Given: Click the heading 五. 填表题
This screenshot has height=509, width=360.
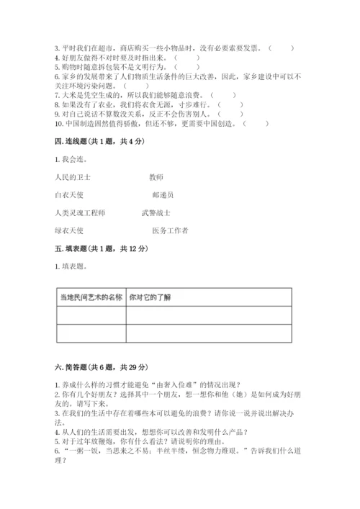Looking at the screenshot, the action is tap(101, 248).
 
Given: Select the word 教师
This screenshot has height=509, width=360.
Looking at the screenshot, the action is tap(156, 176).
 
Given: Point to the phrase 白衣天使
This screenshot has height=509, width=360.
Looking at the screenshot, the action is tap(69, 194).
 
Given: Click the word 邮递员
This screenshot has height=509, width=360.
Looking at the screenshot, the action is tap(163, 194).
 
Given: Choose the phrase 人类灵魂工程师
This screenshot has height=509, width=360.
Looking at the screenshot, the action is tap(79, 213).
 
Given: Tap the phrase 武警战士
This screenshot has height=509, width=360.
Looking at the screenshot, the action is tap(156, 213).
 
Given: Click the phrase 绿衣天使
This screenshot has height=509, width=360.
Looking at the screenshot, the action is tap(69, 231).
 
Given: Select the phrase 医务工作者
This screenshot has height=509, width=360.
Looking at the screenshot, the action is tap(170, 231).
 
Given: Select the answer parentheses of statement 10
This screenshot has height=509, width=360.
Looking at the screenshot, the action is tap(256, 122).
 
